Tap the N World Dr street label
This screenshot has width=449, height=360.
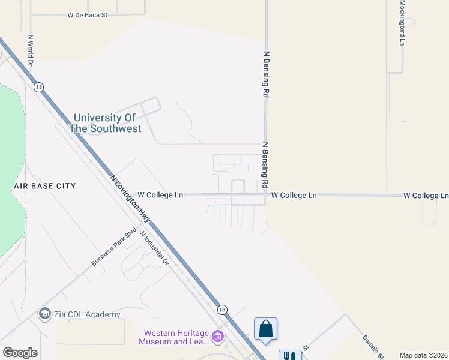coord(31,54)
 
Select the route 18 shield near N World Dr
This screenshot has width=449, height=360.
coord(39,87)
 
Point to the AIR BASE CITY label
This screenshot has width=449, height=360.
coord(45,186)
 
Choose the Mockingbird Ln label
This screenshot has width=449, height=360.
coord(402,23)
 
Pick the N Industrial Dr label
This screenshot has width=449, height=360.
coord(155,248)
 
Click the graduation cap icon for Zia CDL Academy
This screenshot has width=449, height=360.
coord(44,314)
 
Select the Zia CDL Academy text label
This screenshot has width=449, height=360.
coord(86,314)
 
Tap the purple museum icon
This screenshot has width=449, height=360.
coord(218,337)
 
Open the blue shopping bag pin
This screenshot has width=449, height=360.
coord(265,329)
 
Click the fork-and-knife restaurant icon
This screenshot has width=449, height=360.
coord(290,356)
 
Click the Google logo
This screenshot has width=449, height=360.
coord(20,353)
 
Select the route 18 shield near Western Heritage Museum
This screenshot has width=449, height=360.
coord(222,310)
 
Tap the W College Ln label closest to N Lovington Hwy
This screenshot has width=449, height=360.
coord(160,195)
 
